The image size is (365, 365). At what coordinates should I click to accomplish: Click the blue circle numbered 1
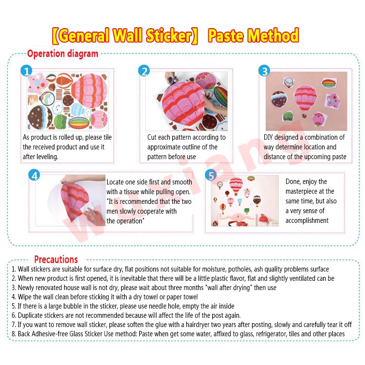coord(26,71)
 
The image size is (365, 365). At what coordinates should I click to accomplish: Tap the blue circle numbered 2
coord(144,71)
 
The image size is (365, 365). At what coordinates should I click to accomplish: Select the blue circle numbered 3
coord(264,71)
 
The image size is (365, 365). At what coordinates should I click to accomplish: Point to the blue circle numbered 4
coord(34,175)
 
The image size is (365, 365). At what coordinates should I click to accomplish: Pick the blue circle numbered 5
coord(211,175)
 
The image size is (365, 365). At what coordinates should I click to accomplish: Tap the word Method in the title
coord(273,36)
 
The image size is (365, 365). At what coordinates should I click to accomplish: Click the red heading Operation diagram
coord(63,54)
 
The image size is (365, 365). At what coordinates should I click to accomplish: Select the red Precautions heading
coord(56,259)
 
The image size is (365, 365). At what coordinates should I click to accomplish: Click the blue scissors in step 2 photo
coord(172,80)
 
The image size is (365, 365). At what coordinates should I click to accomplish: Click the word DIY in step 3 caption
coord(268,137)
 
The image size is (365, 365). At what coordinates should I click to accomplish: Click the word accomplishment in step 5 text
coord(307,220)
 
